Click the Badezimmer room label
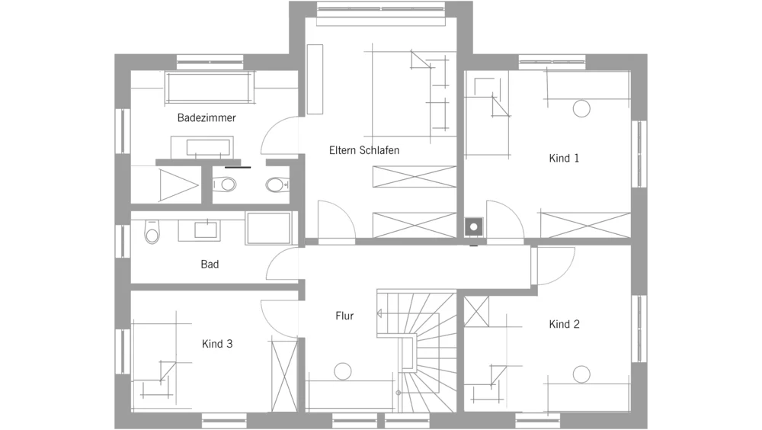coord(207,117)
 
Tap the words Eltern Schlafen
coord(364,150)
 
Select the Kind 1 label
coord(564,158)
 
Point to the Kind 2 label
coord(564,324)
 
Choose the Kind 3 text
coord(217,344)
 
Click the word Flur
coord(344,316)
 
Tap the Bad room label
coord(210,264)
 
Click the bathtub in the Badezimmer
coord(210,88)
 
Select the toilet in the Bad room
coord(152,232)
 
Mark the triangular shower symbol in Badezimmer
coord(178,185)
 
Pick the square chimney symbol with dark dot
coord(474,226)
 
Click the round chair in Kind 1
coord(581,108)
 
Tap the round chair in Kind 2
coord(581,374)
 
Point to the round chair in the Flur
coord(343,371)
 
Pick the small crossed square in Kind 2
coord(476,312)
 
